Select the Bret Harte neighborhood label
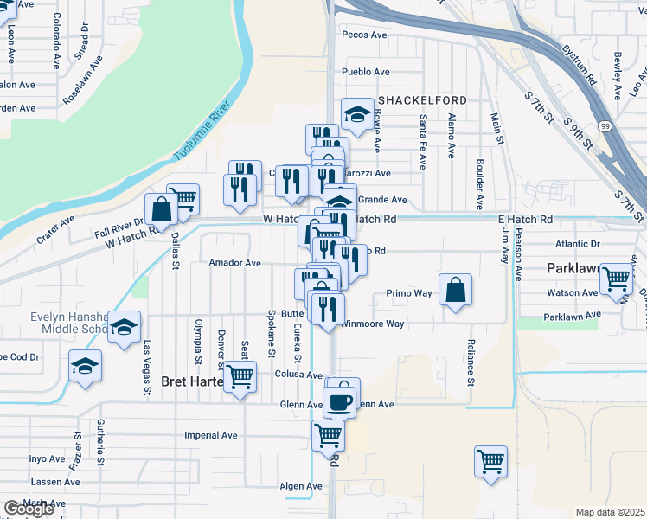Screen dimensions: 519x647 click(x=193, y=381)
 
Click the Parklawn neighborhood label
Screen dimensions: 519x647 click(x=573, y=269)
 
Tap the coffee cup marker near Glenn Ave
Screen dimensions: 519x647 click(x=340, y=401)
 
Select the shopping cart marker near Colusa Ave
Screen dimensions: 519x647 click(x=240, y=375)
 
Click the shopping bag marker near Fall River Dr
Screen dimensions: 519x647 click(x=162, y=208)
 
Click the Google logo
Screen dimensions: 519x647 click(x=29, y=509)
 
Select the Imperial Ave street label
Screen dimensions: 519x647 click(x=211, y=435)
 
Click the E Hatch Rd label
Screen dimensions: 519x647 click(x=525, y=220)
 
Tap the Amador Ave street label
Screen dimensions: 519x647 click(x=234, y=262)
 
